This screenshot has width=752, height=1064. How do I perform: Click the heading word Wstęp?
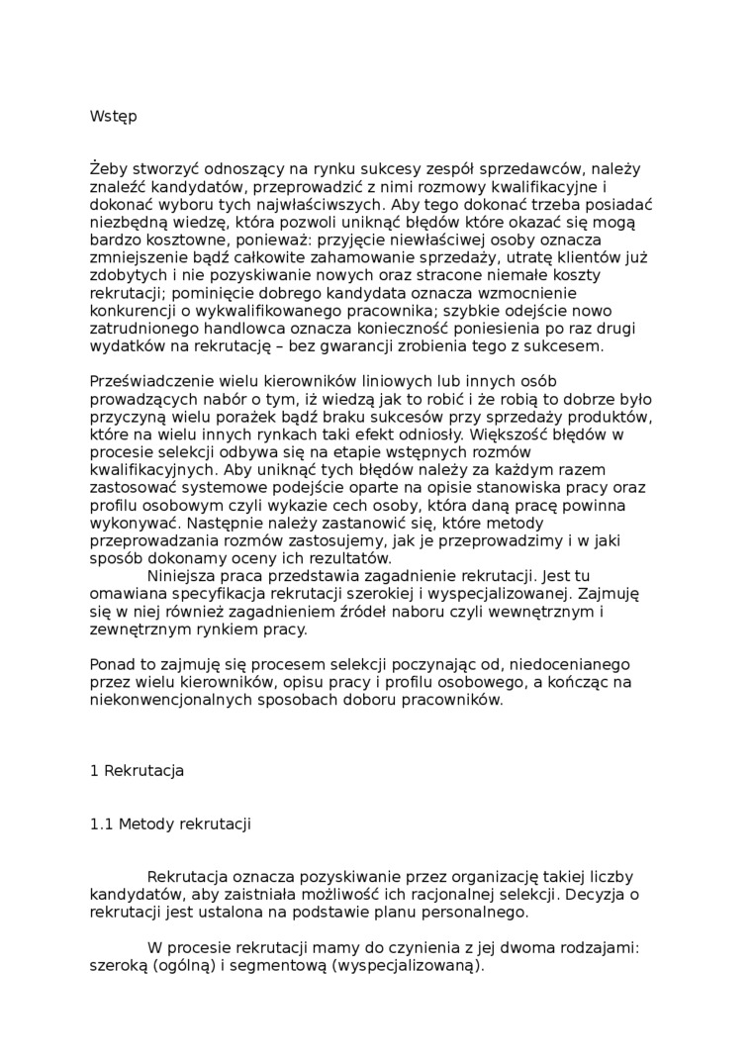point(113,117)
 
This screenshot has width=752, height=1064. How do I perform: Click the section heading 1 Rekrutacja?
point(137,771)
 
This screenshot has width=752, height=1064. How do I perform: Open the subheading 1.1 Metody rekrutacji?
point(169,824)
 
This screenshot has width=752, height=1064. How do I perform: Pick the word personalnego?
point(464,913)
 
